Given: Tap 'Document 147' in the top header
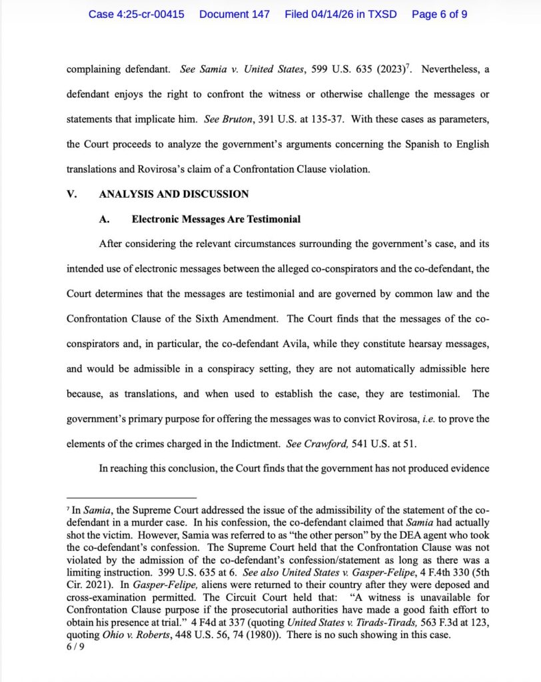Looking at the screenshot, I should tap(234, 14).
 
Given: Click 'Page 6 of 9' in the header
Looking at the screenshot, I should tap(439, 14).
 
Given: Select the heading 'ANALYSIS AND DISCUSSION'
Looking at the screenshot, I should tap(173, 194).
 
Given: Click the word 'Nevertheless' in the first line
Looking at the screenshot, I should tap(451, 69).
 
